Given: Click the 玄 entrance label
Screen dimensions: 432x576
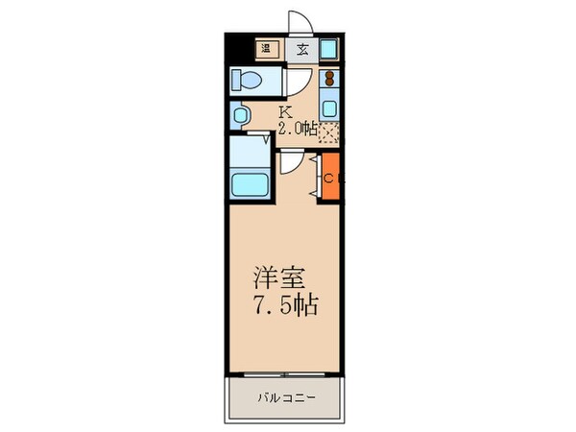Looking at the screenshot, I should coord(301,49).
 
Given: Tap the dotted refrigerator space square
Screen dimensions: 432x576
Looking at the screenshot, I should coord(330,132).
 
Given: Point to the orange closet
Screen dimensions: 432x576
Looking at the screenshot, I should coord(328,178).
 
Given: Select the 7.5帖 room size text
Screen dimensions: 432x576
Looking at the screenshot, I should coord(285,307).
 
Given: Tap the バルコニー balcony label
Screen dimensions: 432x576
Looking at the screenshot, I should coord(285,396).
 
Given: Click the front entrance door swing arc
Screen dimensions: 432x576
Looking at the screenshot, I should coord(299,23).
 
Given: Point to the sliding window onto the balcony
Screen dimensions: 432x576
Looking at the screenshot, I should coord(285,373).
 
